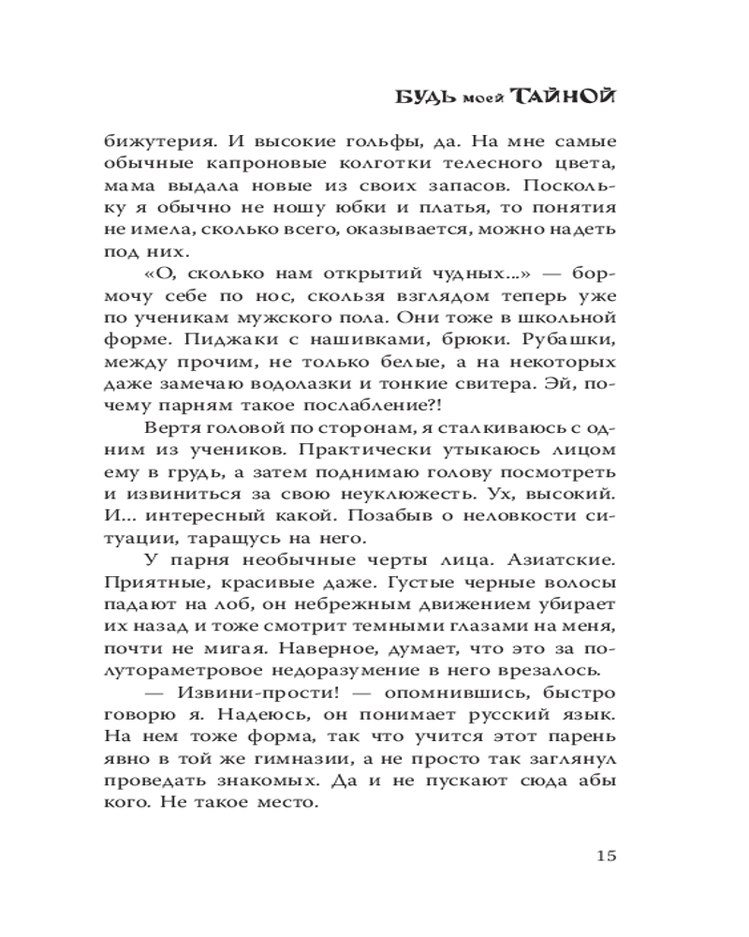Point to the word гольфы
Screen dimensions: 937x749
(x=358, y=142)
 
